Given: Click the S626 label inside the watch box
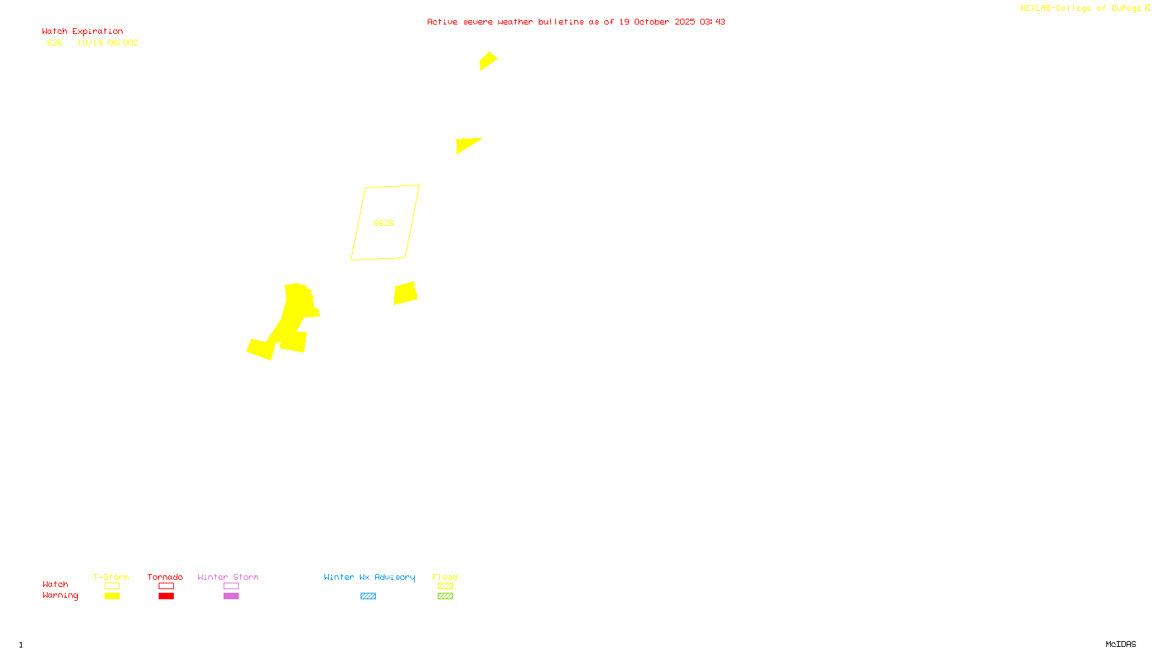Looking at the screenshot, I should coord(384,223).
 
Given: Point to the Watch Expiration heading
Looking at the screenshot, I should coord(82,32).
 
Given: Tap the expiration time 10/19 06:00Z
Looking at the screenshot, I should coord(107,43).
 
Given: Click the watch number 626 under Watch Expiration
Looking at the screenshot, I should coord(55,43).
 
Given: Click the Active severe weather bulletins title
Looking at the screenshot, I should coord(576,22).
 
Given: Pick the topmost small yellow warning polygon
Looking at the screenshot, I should coord(488,61).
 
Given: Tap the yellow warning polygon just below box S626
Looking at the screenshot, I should coord(405,293).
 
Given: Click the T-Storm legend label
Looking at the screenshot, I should coord(111,577).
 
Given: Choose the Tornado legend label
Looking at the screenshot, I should coord(165,577).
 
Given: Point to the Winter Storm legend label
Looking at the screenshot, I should coord(228,577).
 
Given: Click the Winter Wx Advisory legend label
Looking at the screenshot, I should coord(369,577).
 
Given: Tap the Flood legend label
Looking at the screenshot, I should coord(445,577).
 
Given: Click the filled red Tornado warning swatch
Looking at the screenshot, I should coord(166,596).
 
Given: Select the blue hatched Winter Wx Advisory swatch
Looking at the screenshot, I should coord(368,596).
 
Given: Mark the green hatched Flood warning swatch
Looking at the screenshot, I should coord(445,596).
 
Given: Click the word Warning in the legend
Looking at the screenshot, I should coord(60,596).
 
